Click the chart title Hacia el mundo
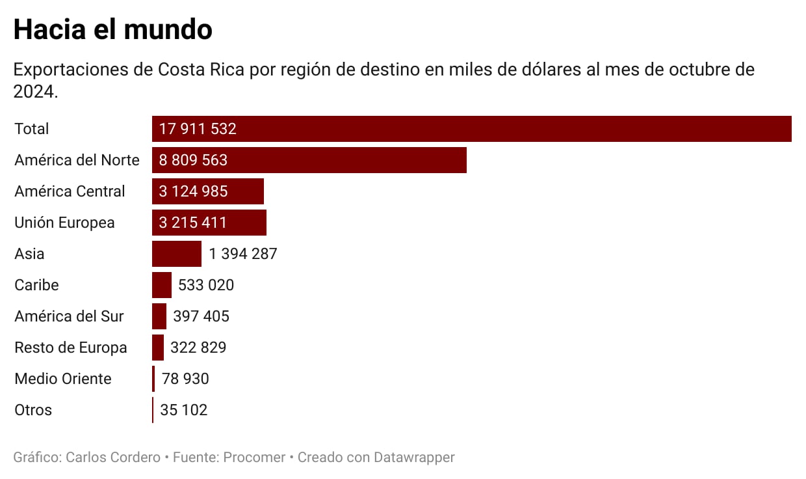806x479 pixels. tap(112, 30)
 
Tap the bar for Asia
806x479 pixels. tap(176, 254)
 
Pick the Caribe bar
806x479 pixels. tap(161, 285)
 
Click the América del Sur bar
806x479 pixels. tap(159, 316)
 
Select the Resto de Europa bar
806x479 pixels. tap(158, 348)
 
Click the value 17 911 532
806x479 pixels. tap(198, 129)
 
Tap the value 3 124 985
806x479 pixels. tap(193, 191)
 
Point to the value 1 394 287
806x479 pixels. tap(243, 254)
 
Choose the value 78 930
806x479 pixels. tap(185, 379)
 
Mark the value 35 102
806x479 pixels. tap(183, 410)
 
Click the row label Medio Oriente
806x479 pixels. tap(63, 379)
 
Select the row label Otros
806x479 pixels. tap(33, 410)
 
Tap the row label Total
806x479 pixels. tap(32, 129)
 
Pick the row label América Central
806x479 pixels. tap(70, 191)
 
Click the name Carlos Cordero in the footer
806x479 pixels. tap(113, 458)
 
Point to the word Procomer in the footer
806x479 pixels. tap(254, 458)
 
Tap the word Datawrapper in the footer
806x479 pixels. tap(414, 458)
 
